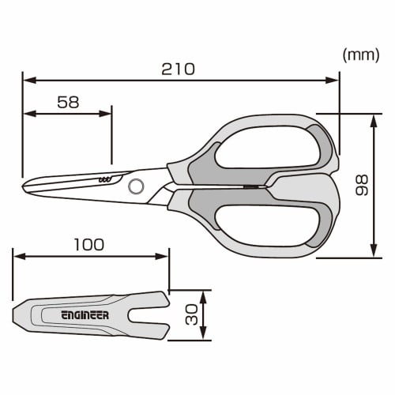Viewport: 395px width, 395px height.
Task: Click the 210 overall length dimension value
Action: coord(179,69)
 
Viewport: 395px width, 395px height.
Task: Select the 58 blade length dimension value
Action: coord(69,102)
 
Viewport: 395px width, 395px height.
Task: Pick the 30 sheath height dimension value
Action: coord(190,316)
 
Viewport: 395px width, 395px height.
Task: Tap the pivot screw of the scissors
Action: coord(136,186)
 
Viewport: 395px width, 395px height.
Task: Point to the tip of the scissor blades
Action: coord(24,185)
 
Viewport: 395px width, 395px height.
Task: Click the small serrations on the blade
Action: coord(104,181)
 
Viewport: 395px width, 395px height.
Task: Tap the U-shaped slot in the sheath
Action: coord(151,315)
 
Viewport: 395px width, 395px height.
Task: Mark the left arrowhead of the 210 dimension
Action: coord(26,79)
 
